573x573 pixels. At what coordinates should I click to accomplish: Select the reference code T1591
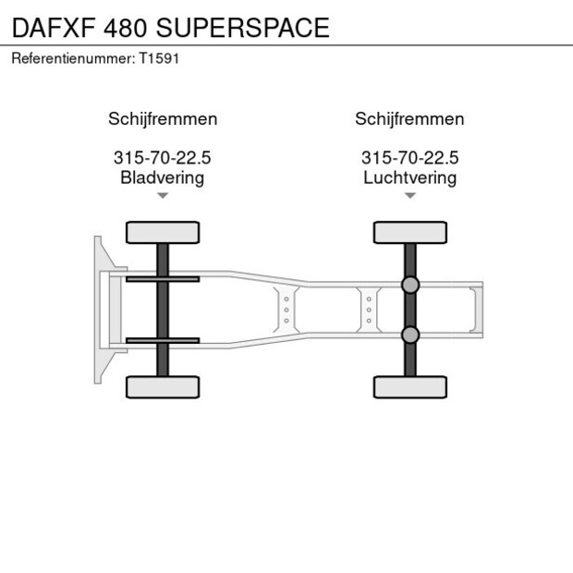point(159,57)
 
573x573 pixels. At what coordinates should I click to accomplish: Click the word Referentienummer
point(71,57)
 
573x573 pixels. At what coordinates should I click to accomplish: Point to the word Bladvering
point(162,177)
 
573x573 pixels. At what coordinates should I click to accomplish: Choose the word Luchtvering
point(409,177)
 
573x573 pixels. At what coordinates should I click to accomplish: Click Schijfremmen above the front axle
point(163,119)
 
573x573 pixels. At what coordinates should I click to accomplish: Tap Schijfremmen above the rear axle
point(409,119)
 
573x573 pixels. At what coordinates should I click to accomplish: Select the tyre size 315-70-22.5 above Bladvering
point(162,158)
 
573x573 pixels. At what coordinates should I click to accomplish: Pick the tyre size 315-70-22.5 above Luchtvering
point(409,158)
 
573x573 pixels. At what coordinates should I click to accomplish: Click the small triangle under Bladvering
point(163,196)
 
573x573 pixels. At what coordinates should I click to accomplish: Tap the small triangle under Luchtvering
point(409,196)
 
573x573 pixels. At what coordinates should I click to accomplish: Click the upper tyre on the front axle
point(163,232)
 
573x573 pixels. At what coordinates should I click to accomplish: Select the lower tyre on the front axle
point(163,386)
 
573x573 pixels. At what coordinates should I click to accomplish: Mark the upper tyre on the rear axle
point(409,232)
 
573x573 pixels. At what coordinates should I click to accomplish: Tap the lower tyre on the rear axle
point(409,386)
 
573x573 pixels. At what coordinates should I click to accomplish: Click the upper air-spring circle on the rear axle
point(410,286)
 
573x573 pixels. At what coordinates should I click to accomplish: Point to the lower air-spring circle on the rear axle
point(410,334)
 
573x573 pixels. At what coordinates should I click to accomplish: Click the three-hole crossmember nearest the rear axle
point(369,310)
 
